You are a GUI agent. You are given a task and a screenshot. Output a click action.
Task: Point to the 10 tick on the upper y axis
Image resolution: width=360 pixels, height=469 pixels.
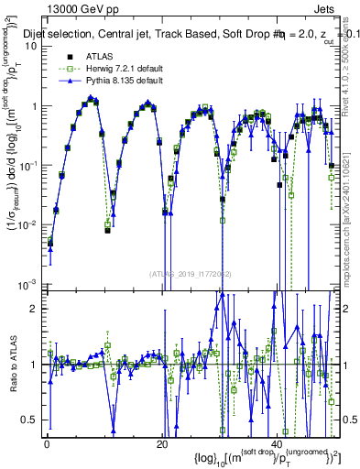point(30,46)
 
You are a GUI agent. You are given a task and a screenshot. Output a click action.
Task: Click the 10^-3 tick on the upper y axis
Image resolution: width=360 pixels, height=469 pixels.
point(27,283)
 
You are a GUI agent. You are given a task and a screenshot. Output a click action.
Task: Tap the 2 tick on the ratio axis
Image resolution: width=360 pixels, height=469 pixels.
point(34,308)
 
